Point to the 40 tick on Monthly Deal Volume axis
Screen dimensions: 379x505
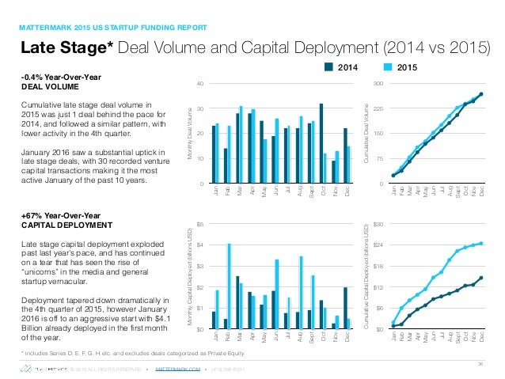point(200,83)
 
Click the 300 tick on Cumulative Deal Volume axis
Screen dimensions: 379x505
point(378,83)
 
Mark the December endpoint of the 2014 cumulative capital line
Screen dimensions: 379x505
point(481,278)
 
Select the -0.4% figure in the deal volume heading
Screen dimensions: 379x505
point(32,77)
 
